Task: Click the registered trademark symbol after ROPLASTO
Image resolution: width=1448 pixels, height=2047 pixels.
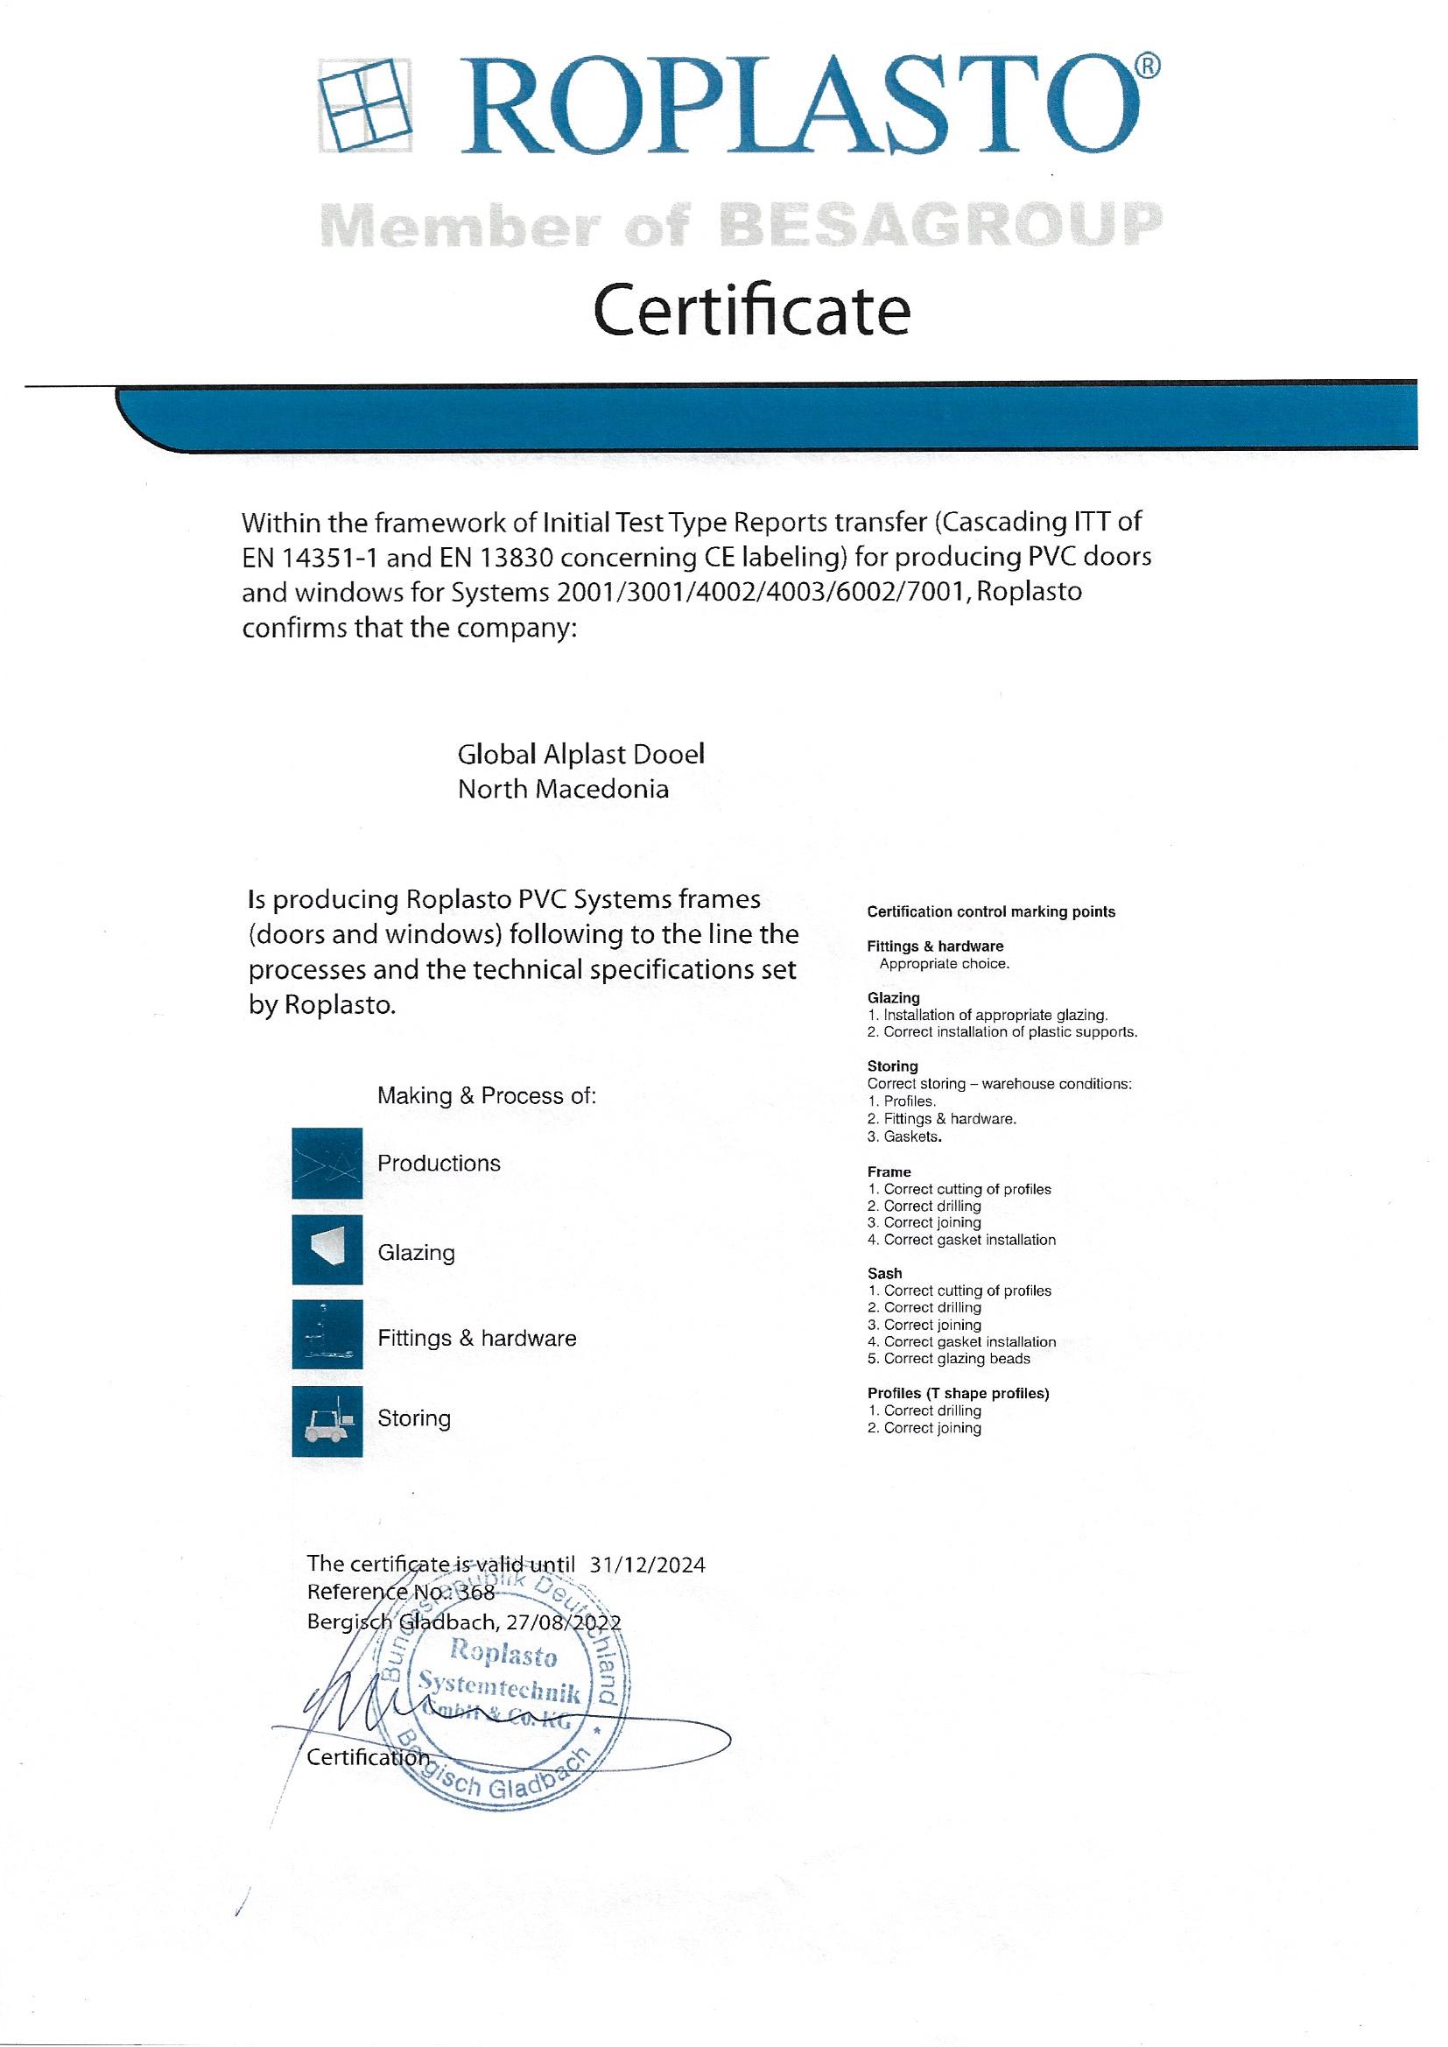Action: (1149, 67)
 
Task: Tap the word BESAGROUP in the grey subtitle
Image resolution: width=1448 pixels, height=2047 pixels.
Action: (940, 224)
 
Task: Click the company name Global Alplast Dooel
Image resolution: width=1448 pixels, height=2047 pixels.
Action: (580, 754)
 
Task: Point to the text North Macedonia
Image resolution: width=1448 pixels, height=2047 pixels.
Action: (563, 789)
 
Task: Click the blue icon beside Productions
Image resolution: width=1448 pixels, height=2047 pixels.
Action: (327, 1164)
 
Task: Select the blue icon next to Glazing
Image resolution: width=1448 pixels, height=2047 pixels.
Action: (327, 1249)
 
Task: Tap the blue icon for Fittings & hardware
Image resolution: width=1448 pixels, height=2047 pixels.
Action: (327, 1334)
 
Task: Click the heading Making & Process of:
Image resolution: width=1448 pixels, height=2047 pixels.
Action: (486, 1095)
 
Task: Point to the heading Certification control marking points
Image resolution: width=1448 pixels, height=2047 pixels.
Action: (991, 911)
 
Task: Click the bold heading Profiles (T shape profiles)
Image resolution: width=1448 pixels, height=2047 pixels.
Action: (958, 1394)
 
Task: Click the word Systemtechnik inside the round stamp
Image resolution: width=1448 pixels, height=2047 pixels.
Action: (500, 1688)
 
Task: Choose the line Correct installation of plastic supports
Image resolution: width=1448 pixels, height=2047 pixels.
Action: (1009, 1031)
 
